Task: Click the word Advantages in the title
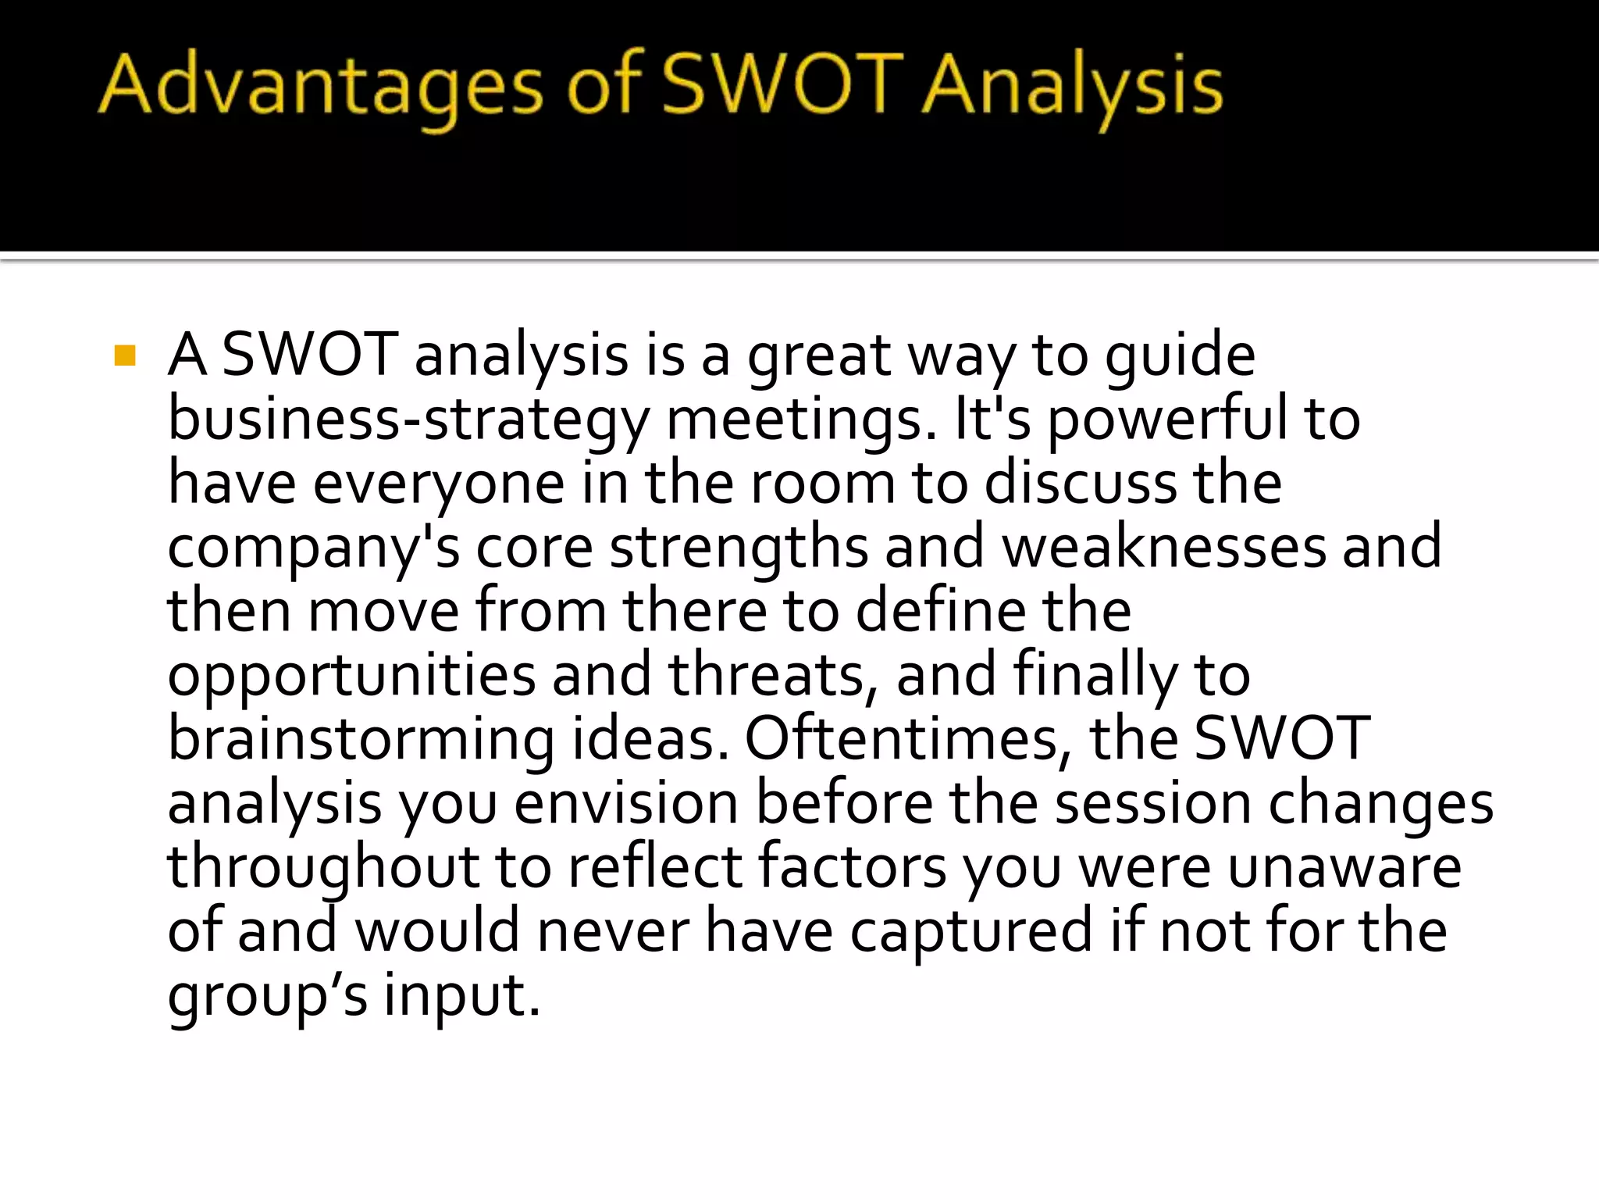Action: (x=320, y=86)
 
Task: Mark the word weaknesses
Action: (x=1164, y=547)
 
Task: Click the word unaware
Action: (x=1344, y=867)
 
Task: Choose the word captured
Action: (x=971, y=932)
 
